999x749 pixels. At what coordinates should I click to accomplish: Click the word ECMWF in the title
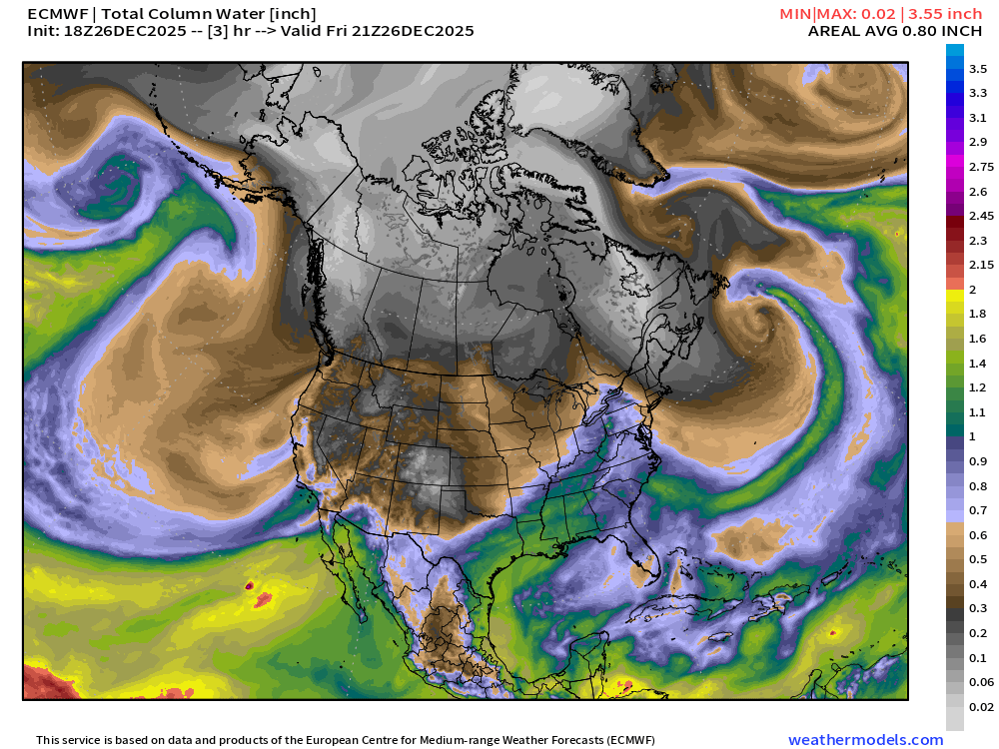56,14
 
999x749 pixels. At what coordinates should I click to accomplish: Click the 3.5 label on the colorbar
978,69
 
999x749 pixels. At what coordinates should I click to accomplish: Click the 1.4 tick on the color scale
978,364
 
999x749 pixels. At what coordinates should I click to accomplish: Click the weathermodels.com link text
865,740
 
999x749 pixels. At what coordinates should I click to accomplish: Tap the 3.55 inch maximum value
948,14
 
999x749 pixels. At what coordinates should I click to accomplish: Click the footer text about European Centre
346,740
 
